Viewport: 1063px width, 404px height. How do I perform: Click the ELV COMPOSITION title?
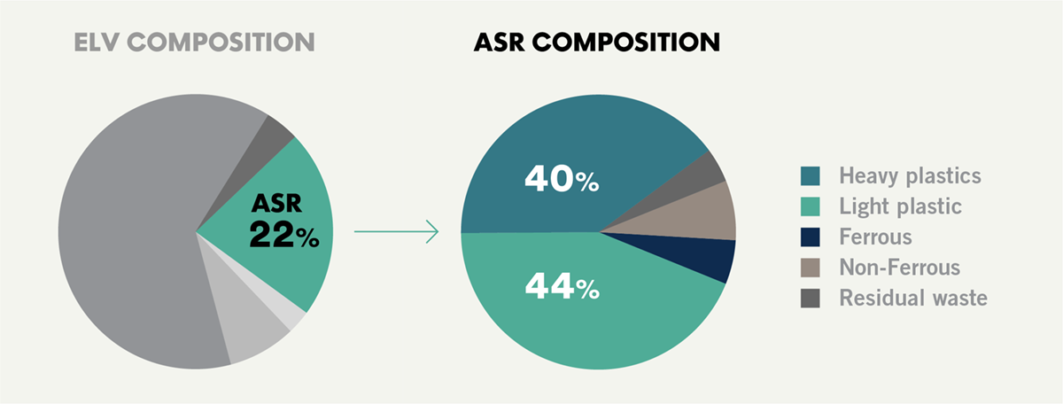194,43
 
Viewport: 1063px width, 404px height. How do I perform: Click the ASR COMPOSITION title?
597,43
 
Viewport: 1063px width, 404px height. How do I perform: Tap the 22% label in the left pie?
284,235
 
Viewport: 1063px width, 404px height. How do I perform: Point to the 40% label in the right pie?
562,178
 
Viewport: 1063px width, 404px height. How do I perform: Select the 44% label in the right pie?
563,286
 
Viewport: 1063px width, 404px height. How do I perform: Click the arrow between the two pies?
396,231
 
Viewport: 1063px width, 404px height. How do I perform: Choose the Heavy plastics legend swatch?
810,175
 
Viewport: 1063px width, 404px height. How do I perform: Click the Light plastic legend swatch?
810,206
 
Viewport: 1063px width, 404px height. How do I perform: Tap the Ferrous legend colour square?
810,237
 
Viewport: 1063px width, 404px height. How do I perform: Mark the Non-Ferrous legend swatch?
810,268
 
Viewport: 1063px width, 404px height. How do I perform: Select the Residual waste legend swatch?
810,299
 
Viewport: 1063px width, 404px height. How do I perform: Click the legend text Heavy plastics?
911,176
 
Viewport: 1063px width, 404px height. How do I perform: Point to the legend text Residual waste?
913,299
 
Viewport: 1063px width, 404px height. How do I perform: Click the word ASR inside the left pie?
276,203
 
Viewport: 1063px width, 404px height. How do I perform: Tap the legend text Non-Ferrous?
900,268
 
